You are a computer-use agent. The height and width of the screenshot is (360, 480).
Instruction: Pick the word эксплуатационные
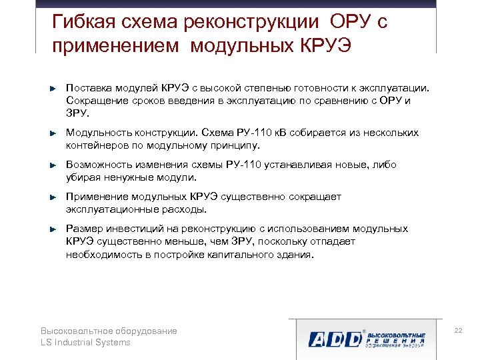[x=111, y=209]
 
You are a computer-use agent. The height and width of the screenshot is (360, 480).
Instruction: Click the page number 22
[x=457, y=331]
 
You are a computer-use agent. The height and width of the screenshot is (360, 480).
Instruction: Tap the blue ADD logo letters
[x=334, y=339]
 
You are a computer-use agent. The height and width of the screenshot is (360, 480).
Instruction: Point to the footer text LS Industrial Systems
[x=85, y=343]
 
